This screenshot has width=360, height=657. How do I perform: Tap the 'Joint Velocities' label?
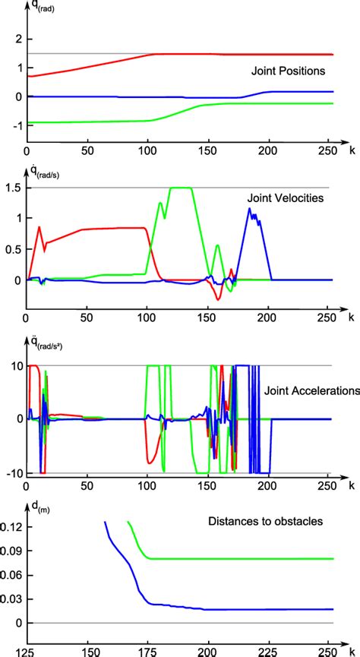286,199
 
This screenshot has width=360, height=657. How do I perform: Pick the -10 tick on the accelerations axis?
11,473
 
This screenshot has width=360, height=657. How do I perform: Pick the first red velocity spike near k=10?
39,227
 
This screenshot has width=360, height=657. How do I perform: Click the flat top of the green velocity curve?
179,188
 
